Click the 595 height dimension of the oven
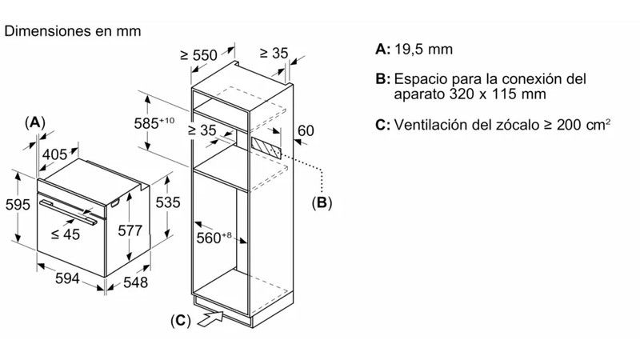click(x=18, y=205)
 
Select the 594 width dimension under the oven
click(x=67, y=278)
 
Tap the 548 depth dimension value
click(x=135, y=282)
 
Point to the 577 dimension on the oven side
click(x=130, y=230)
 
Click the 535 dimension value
click(x=168, y=202)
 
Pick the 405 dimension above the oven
click(x=54, y=154)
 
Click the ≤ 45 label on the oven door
click(x=66, y=234)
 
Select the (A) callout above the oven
click(x=34, y=122)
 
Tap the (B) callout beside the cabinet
click(x=322, y=202)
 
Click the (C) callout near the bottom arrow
click(x=181, y=321)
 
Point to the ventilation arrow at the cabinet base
click(x=210, y=318)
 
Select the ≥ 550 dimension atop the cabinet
click(x=198, y=55)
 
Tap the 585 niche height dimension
click(x=154, y=123)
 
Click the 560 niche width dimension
click(x=214, y=238)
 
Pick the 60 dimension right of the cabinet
click(x=306, y=130)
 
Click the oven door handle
click(x=68, y=212)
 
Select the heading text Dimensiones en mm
click(x=73, y=31)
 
